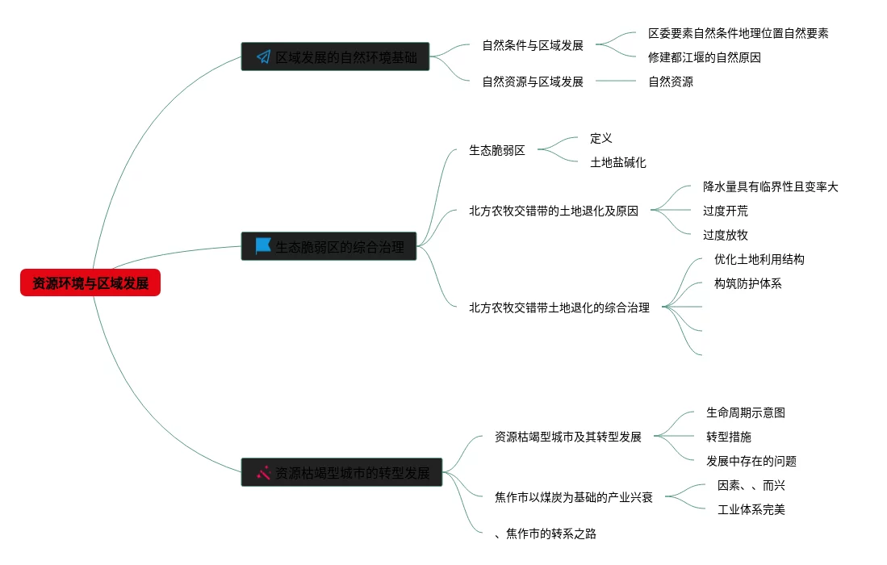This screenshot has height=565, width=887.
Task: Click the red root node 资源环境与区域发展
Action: coord(90,283)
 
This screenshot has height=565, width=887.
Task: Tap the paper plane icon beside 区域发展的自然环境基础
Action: coord(263,56)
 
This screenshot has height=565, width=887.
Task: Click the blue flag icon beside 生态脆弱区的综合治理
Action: coord(263,246)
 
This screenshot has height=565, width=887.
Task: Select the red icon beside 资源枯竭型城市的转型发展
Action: coord(263,473)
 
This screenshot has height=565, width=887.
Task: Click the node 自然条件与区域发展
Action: coord(533,45)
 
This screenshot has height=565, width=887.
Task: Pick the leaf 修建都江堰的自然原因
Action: coord(704,57)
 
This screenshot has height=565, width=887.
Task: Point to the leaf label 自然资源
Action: coord(671,82)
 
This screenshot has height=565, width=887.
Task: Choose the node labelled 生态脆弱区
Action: coord(497,150)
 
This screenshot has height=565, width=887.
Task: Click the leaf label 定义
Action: coord(601,138)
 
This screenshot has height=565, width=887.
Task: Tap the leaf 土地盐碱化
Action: coord(618,162)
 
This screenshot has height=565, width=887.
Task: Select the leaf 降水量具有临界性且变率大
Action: coord(770,186)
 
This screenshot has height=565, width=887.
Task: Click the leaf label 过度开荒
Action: coord(725,211)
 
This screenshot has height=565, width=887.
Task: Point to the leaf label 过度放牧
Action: coord(725,235)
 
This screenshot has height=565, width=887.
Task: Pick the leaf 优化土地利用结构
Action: coord(759,259)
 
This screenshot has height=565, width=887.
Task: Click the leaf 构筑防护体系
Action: coord(747,283)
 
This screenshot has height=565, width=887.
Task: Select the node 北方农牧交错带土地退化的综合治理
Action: coord(559,308)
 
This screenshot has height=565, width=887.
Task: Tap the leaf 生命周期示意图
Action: coord(745,412)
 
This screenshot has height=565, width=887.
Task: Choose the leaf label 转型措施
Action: coord(728,437)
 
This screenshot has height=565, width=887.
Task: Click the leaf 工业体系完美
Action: coord(751,509)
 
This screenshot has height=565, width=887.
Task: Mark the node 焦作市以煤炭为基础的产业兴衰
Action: coord(574,497)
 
